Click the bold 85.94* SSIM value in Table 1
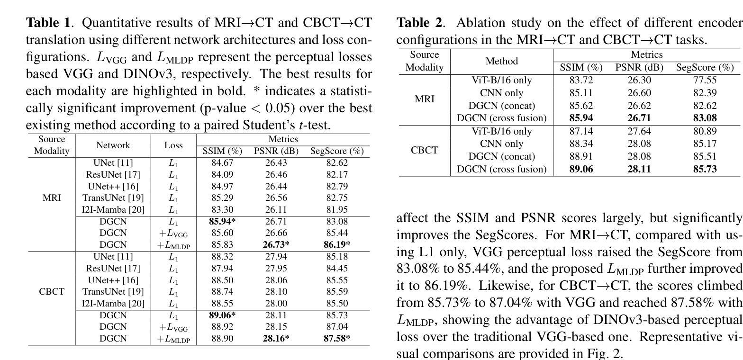[222, 221]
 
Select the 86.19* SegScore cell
[337, 244]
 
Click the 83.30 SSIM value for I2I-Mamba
[222, 209]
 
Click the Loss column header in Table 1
[173, 145]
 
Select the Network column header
[113, 145]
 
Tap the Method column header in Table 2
[501, 61]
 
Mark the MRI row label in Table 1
[52, 198]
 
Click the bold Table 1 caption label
[48, 23]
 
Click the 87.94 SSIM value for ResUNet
[222, 268]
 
